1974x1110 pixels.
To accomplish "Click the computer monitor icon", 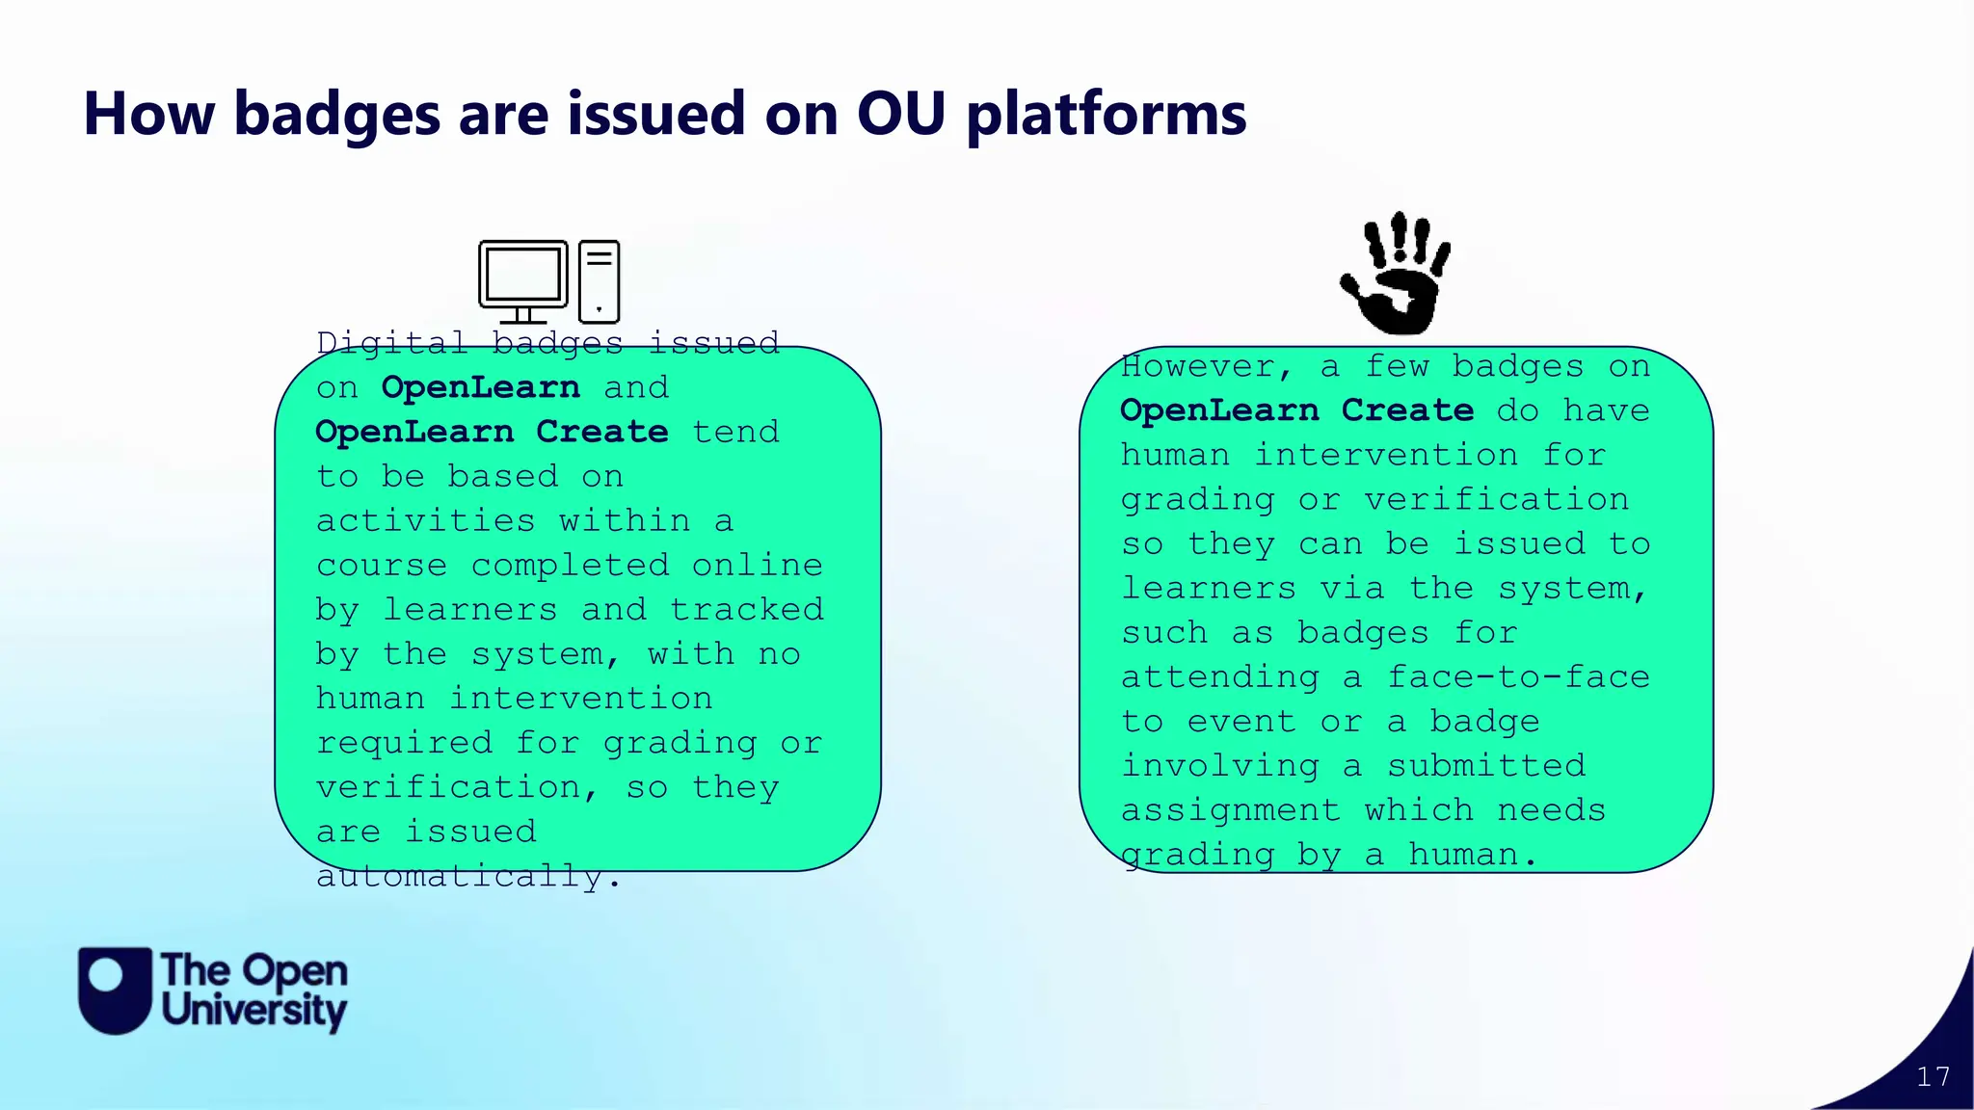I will tap(523, 278).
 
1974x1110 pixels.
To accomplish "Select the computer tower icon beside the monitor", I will tap(599, 280).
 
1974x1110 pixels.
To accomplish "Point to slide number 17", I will tap(1933, 1076).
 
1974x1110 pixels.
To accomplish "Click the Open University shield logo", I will tap(115, 990).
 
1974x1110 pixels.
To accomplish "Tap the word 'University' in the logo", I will tap(253, 1011).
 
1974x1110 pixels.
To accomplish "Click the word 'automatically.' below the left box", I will tap(468, 877).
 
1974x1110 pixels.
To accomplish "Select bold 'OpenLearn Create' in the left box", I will tap(492, 432).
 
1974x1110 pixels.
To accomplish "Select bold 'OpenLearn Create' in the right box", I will tap(1296, 410).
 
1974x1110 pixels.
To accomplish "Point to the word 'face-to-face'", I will tap(1518, 676).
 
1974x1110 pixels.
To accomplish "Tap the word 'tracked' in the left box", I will tap(747, 609).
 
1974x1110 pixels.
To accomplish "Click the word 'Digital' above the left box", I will tap(391, 343).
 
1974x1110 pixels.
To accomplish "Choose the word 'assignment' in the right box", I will tap(1230, 809).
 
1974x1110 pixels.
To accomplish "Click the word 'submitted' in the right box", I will tap(1485, 765).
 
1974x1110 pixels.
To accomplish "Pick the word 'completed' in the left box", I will tap(570, 565).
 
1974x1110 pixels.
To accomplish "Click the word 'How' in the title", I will tap(148, 114).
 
